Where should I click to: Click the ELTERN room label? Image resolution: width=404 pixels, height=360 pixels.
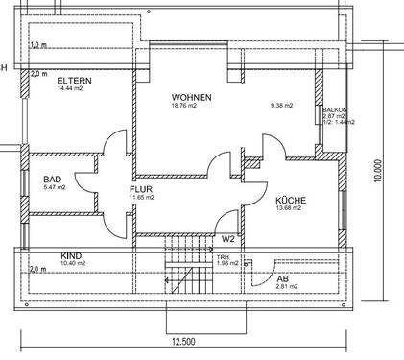coord(74,80)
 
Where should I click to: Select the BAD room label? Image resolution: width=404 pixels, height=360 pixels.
coord(53,180)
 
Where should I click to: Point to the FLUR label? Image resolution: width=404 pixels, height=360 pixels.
coord(142,189)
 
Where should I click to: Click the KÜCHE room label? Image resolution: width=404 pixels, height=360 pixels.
coord(290,200)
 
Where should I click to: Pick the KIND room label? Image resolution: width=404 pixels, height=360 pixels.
coord(44,255)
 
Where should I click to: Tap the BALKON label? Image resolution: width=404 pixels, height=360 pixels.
coord(336,110)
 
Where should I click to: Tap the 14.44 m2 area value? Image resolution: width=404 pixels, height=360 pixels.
coord(73,88)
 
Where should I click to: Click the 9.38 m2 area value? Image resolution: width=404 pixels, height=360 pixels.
coord(282,107)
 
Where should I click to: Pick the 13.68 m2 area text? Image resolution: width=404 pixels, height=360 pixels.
coord(290,208)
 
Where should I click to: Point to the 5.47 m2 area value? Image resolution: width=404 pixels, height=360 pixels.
coord(54,188)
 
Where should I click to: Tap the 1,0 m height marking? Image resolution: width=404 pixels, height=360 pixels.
coord(38,45)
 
